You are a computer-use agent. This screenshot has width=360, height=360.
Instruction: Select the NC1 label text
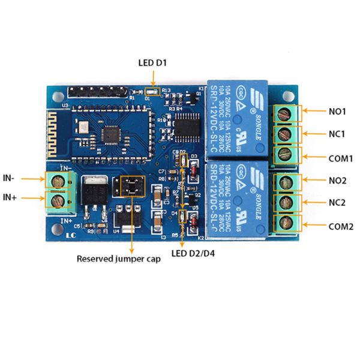336,134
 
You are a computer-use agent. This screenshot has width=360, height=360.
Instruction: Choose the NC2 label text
336,203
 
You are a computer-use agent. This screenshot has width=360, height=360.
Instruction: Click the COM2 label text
340,226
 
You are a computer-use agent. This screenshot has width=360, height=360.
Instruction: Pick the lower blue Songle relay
238,201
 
